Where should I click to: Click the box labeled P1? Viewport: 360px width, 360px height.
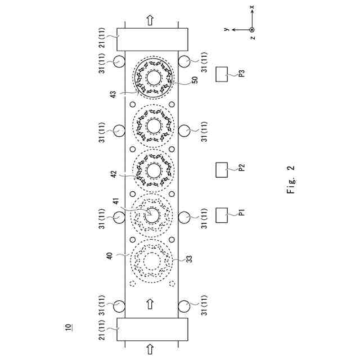tap(222, 215)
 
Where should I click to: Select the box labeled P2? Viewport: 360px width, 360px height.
tap(222, 170)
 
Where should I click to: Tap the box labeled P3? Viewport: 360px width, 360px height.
tap(222, 74)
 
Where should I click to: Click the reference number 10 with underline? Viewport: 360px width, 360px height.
tap(68, 327)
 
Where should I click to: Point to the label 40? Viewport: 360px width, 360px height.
tap(110, 255)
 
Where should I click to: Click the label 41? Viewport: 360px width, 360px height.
tap(116, 201)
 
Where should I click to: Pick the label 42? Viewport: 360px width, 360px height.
tap(114, 174)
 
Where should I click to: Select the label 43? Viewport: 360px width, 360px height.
tap(114, 94)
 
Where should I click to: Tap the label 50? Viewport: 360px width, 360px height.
tap(195, 80)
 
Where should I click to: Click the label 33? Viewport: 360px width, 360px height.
tap(189, 259)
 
